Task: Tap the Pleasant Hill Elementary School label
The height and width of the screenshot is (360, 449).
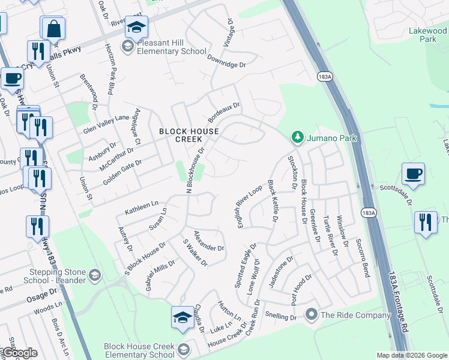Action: pos(172,47)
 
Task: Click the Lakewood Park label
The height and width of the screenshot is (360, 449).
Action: pos(427,34)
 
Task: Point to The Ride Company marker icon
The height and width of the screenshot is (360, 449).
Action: pos(311,314)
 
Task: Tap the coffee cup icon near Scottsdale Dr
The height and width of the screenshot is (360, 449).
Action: pos(413,174)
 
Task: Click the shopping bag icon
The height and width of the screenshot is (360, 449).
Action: pos(53,28)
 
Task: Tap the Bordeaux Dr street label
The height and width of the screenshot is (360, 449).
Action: pos(224,110)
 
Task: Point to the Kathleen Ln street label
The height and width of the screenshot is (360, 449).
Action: pos(141,208)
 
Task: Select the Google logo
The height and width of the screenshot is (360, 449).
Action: pos(19,353)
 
